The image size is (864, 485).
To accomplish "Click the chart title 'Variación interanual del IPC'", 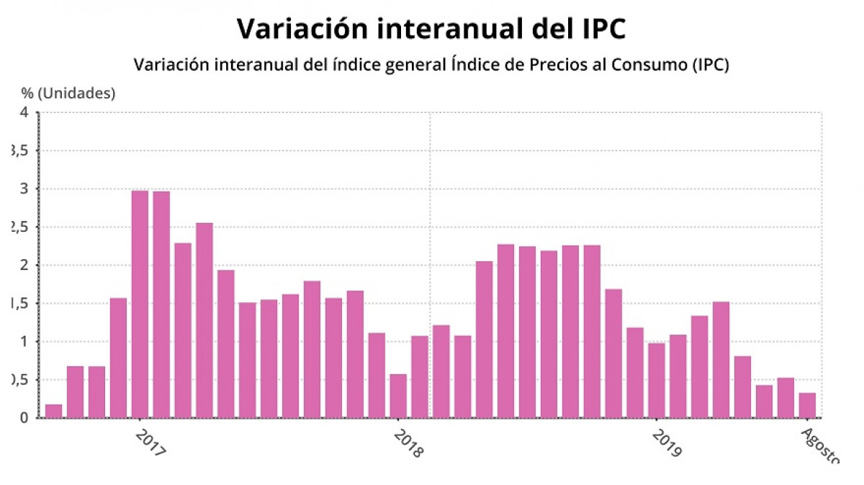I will click(x=431, y=29).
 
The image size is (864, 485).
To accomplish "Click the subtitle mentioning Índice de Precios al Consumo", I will click(x=431, y=64).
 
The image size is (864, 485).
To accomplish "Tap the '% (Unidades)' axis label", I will click(x=68, y=93).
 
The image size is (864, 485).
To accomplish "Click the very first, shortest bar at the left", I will click(x=53, y=411).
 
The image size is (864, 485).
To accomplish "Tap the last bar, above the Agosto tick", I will click(x=807, y=405).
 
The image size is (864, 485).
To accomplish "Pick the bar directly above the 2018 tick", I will click(x=398, y=396).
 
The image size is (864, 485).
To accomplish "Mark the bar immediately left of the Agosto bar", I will click(x=786, y=397).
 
